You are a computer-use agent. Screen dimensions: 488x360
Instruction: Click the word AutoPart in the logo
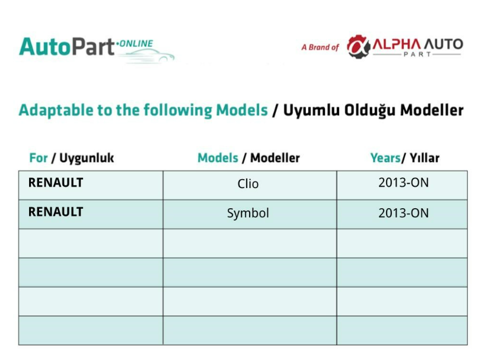pos(66,47)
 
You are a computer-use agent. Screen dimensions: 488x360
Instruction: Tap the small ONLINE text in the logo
pos(135,43)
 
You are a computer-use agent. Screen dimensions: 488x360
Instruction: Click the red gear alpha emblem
pos(359,46)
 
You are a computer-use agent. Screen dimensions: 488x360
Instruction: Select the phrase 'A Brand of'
pos(320,47)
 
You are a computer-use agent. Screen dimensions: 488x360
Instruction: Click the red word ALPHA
pos(397,44)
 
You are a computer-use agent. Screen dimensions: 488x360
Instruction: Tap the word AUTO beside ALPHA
pos(444,44)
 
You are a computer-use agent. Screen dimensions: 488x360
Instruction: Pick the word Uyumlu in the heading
pos(311,110)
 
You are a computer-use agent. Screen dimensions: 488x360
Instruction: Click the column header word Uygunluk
pos(87,158)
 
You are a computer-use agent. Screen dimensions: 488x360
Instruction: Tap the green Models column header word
pos(218,158)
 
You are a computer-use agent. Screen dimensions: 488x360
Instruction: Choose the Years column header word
pos(385,158)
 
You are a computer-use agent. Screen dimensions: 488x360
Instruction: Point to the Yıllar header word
pos(425,158)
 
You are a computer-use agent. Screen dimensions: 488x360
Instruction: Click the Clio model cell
pos(248,184)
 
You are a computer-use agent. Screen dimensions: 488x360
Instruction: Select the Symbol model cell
pos(248,214)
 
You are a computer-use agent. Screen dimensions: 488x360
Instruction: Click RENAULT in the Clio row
pos(56,183)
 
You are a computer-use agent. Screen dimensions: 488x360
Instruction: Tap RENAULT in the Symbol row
pos(56,212)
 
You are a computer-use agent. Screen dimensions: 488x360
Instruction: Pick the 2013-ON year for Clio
pos(403,183)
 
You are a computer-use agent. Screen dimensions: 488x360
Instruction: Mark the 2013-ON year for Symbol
pos(403,213)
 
